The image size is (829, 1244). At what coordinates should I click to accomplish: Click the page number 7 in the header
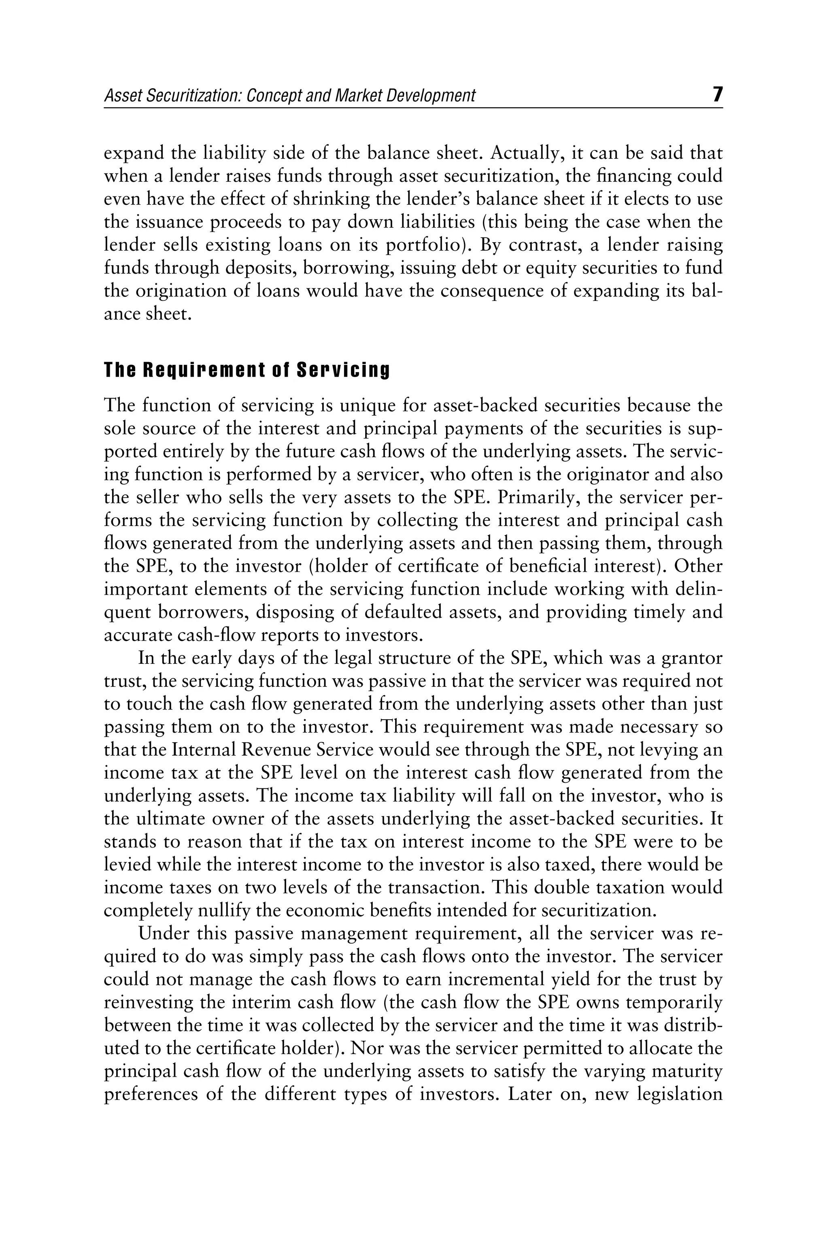click(717, 95)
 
